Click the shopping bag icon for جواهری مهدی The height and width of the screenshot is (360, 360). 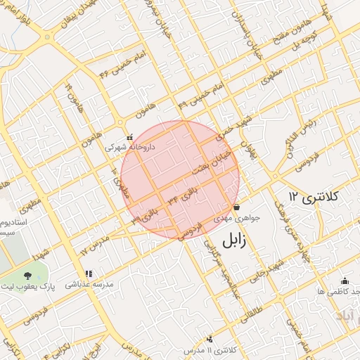[236, 207]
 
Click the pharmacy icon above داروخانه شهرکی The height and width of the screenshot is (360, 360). [128, 137]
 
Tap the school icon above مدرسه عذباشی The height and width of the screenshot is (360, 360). [89, 274]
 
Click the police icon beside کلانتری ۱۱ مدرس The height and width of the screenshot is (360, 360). [210, 339]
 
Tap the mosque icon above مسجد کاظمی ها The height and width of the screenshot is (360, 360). [344, 279]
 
